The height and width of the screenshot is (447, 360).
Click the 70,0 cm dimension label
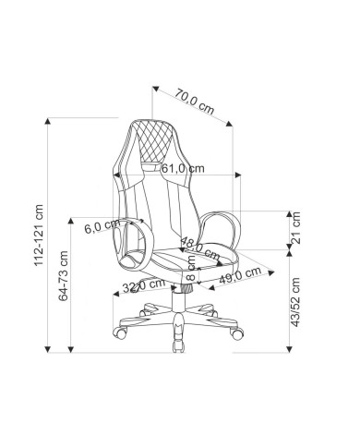195,102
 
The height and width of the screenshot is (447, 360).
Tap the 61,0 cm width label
183,168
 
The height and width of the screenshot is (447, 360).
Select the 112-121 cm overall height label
39,235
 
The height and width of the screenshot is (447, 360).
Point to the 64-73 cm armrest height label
64,276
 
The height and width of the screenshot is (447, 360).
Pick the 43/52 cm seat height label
295,302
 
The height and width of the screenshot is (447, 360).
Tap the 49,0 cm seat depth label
240,275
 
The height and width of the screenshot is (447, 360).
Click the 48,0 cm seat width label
200,248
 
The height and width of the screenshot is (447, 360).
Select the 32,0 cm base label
144,286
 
